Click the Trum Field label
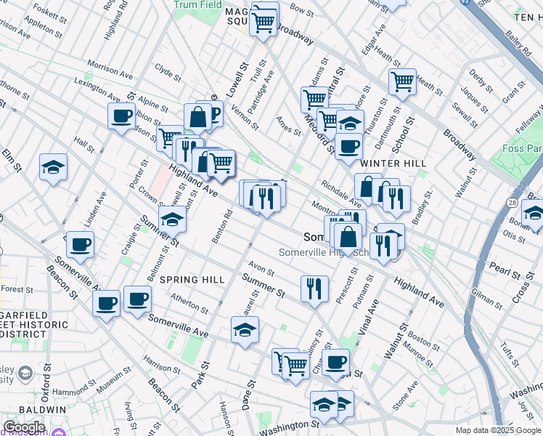pos(197,4)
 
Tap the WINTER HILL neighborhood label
pos(399,163)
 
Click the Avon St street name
pos(261,269)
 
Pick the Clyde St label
pos(167,71)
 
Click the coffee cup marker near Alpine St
pos(121,115)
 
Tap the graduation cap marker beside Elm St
pos(53,166)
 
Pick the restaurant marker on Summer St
pos(314,288)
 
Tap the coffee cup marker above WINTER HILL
pos(348,145)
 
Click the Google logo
pos(23,427)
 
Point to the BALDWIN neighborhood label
pos(23,410)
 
